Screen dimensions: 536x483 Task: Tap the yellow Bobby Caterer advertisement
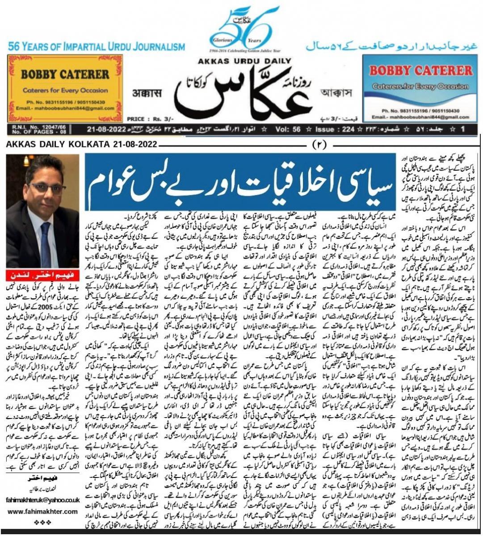click(x=65, y=88)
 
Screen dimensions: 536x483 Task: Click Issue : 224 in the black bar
click(x=334, y=130)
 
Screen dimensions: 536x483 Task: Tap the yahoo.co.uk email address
click(x=42, y=501)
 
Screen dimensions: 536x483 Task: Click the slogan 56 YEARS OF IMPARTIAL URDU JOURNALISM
click(x=96, y=46)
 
